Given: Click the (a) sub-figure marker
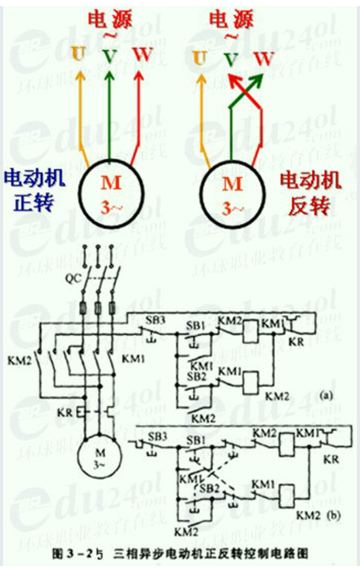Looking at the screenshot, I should pos(326,394).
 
